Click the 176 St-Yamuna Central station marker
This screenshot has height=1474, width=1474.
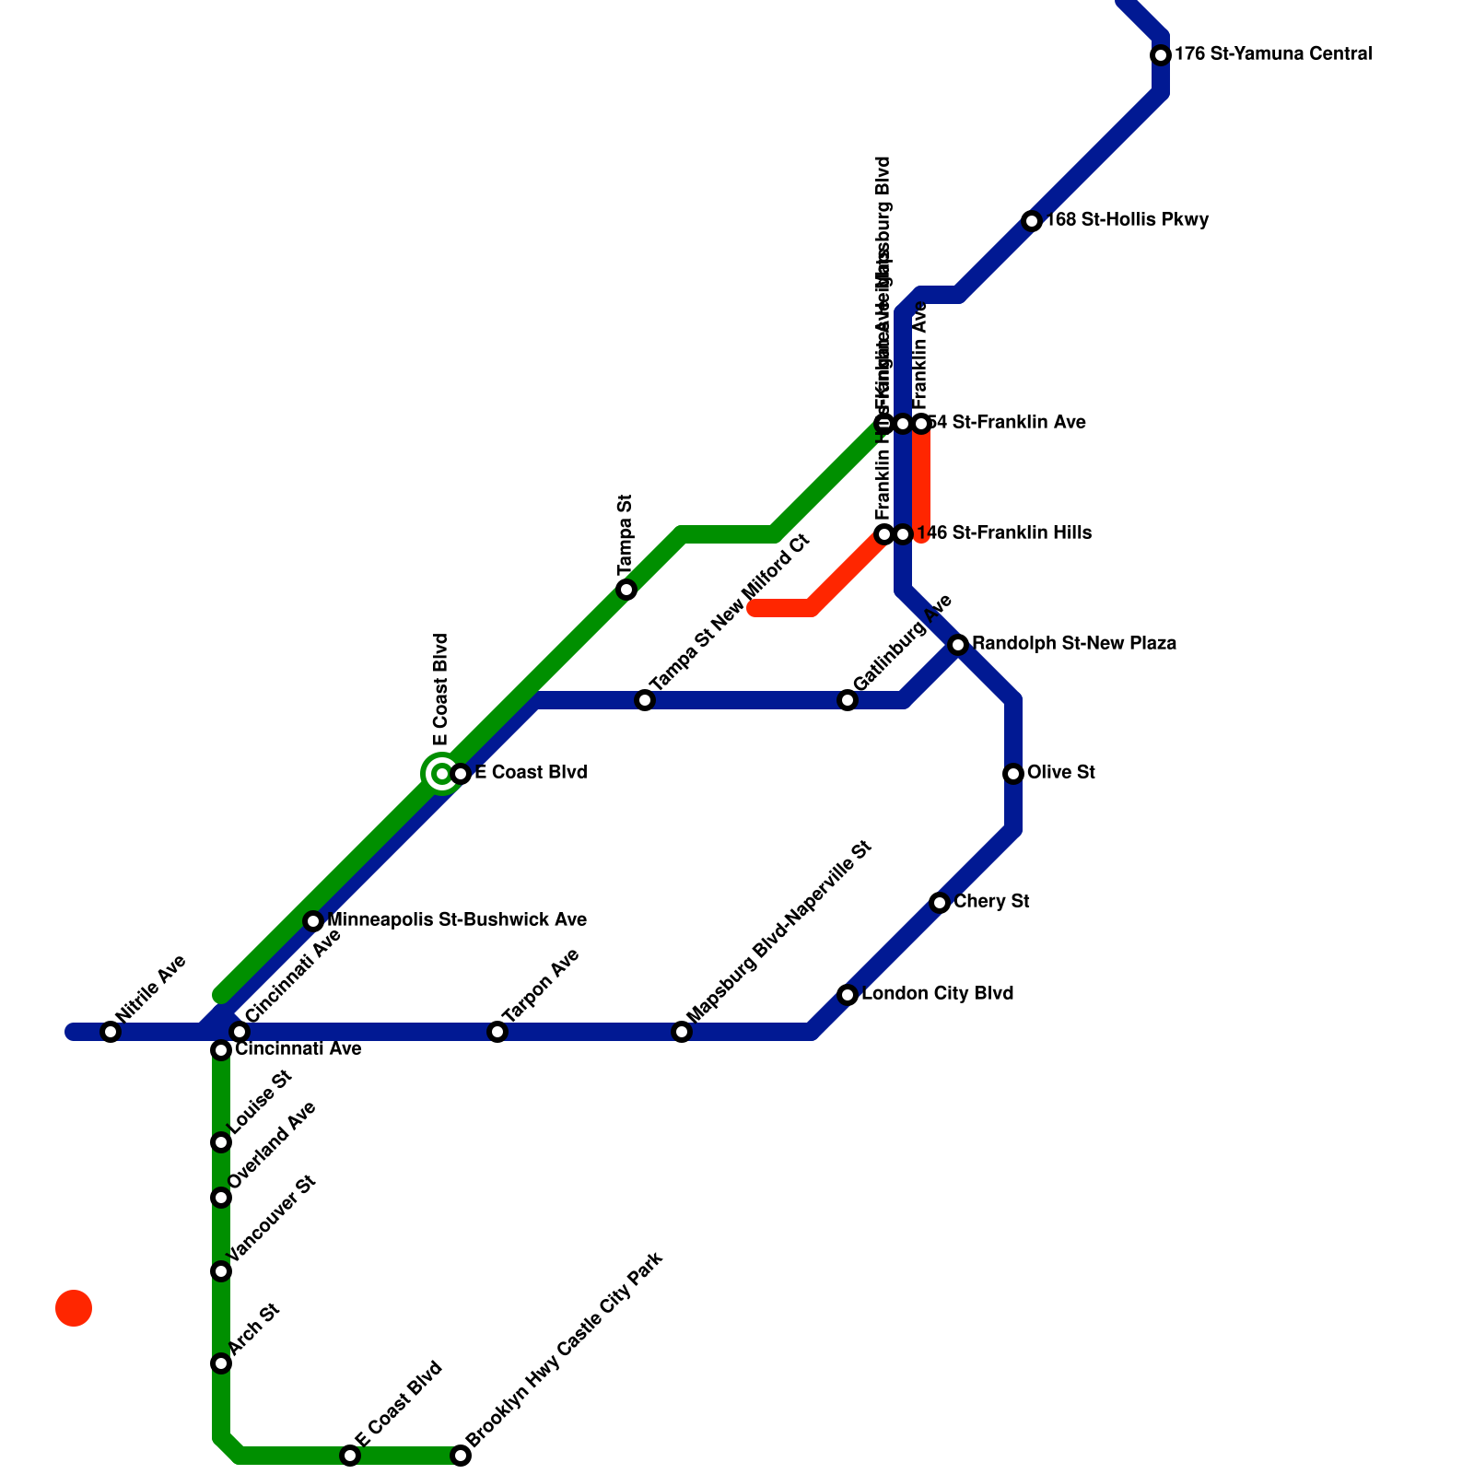point(1161,55)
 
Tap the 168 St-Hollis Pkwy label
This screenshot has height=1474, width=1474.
point(1127,220)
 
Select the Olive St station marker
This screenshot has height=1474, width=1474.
point(1013,774)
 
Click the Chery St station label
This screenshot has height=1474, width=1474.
point(991,902)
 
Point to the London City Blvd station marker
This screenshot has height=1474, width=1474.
point(848,995)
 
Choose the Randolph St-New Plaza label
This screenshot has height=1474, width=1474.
point(1074,644)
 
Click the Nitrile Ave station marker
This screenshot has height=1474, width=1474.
point(111,1032)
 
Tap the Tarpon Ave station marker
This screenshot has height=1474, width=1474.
point(497,1032)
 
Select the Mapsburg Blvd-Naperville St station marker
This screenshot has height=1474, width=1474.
point(682,1032)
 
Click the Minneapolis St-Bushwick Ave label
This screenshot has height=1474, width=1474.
point(457,920)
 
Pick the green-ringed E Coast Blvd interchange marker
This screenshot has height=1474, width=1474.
point(442,774)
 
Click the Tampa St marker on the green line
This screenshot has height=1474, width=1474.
point(626,590)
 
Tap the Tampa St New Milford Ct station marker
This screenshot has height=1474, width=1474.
point(645,700)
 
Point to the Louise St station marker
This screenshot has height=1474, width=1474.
point(221,1142)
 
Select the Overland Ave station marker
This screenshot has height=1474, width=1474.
point(221,1198)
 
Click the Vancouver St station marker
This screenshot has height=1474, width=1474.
point(221,1271)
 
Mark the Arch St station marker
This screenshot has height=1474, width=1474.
point(221,1363)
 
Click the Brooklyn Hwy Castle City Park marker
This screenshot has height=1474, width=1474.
point(461,1456)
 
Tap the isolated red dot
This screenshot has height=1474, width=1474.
point(74,1308)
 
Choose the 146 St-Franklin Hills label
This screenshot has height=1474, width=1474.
point(1004,533)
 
